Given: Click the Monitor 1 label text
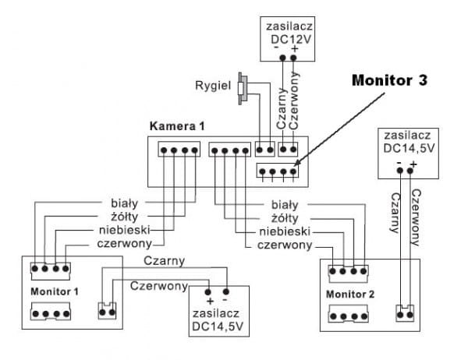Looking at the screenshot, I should click(x=54, y=291).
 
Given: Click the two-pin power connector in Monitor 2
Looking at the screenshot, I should click(x=403, y=313).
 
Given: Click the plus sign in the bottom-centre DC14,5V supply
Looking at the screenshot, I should click(x=209, y=300).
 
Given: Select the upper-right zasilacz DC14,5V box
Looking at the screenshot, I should click(x=406, y=150).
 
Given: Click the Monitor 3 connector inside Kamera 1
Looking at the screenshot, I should click(x=278, y=171).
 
